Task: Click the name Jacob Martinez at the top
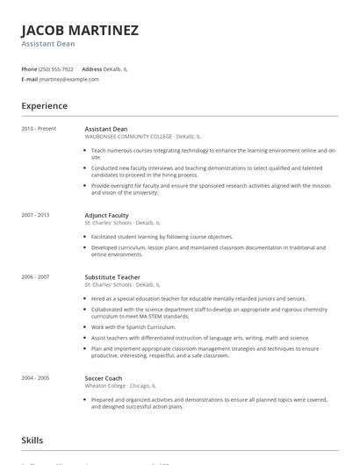click(x=80, y=31)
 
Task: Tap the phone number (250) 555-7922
click(x=57, y=68)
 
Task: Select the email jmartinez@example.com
click(x=70, y=79)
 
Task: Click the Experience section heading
click(x=45, y=106)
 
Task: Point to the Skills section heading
click(x=32, y=440)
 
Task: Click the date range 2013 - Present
click(x=40, y=129)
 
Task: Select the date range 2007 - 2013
click(x=36, y=215)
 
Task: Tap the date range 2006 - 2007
click(x=36, y=277)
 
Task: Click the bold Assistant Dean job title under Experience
click(x=105, y=129)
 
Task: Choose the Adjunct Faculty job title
click(x=106, y=215)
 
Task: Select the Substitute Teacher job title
click(x=112, y=277)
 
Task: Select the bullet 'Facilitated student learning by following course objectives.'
click(x=162, y=237)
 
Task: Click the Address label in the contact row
click(x=91, y=68)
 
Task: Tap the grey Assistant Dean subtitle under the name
click(x=48, y=44)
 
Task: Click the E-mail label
click(x=30, y=79)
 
